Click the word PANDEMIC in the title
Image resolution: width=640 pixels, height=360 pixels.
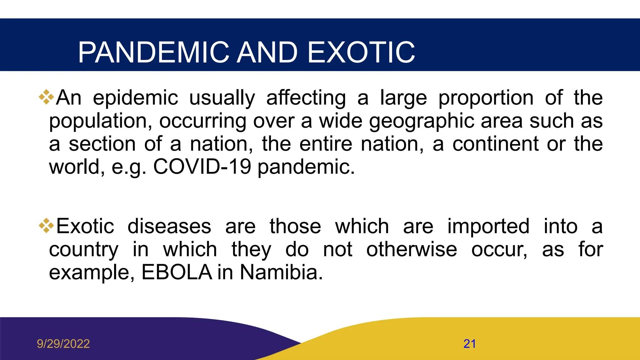153,52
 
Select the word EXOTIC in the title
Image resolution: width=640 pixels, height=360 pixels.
361,52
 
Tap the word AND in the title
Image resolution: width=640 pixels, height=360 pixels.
267,52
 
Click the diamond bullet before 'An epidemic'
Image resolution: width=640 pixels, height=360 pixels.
46,97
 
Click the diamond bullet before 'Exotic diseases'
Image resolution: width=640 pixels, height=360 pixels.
46,226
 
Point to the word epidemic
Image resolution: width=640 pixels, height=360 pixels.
135,98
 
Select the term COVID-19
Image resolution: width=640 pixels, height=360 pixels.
202,167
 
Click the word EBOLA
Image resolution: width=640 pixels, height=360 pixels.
177,272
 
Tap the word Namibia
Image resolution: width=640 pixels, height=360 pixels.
281,272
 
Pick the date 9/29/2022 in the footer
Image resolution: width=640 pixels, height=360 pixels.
63,344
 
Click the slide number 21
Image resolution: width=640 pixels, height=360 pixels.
470,344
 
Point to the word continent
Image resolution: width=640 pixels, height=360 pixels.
496,144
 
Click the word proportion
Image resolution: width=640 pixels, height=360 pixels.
486,98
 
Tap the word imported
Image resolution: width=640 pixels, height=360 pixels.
488,226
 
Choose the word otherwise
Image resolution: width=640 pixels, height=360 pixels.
412,249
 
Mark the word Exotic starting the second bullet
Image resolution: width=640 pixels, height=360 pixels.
85,226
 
